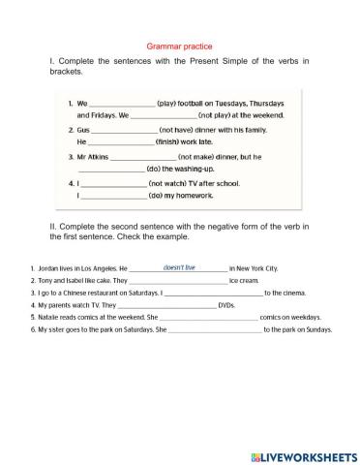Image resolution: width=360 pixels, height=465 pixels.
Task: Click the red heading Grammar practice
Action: pyautogui.click(x=179, y=46)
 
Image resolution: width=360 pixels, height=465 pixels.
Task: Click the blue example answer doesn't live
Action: pyautogui.click(x=179, y=266)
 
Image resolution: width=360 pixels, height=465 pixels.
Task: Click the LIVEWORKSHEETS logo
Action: pyautogui.click(x=303, y=454)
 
